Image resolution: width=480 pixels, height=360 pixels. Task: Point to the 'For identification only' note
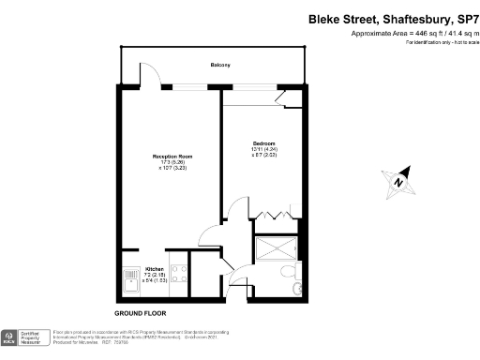click(x=439, y=43)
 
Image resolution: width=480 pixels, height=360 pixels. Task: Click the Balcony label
click(x=218, y=65)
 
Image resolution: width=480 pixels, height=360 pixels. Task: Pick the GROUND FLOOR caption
click(x=141, y=312)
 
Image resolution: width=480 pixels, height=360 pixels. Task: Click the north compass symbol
click(x=398, y=179)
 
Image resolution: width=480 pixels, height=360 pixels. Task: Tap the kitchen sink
click(x=129, y=280)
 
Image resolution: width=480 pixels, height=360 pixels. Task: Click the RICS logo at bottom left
click(x=12, y=336)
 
